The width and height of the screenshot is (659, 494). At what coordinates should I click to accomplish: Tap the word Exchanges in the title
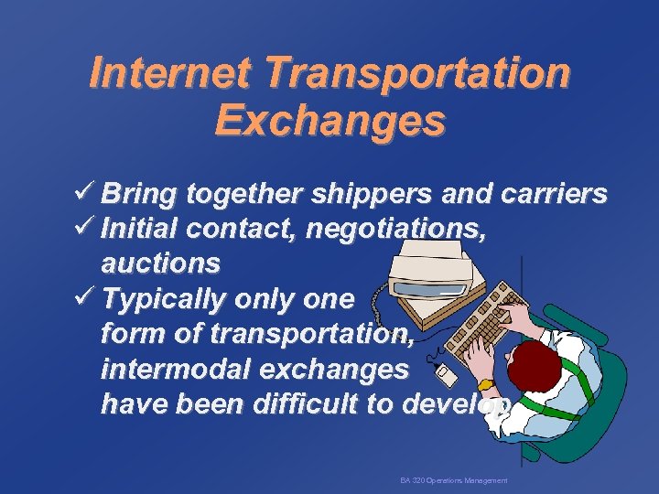click(x=329, y=121)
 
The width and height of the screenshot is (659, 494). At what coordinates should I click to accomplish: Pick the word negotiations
click(x=395, y=228)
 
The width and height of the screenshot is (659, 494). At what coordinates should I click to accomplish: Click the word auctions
click(x=160, y=263)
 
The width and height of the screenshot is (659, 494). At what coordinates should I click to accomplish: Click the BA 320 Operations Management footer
click(x=453, y=480)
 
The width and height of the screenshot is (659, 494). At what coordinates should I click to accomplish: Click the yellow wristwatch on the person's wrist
click(x=485, y=384)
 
